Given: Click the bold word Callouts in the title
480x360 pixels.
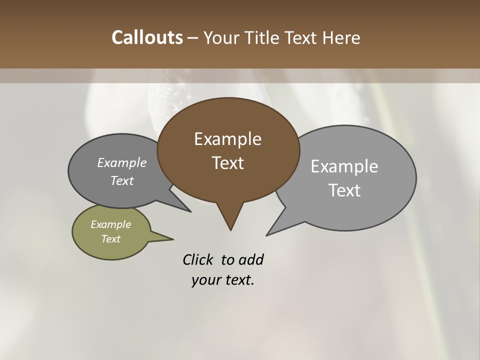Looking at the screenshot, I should pos(147,37).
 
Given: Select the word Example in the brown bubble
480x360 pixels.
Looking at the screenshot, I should pos(227,139).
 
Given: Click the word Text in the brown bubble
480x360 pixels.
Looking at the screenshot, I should pos(227,163).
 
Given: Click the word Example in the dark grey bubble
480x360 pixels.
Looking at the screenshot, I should pos(122,163).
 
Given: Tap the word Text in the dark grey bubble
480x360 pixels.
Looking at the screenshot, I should pos(122,180).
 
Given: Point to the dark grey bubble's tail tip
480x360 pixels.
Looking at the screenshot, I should pos(190,211).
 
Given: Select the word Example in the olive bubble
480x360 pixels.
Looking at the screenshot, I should pos(111,224).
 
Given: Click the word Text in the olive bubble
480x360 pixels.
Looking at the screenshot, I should pos(111,239).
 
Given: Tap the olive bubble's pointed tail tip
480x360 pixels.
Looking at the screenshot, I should pos(173,238).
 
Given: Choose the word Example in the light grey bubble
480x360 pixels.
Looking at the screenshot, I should pos(344,166).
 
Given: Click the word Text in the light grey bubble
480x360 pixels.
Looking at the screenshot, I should pos(344,190).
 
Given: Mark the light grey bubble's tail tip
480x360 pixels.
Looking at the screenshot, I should pos(266,235).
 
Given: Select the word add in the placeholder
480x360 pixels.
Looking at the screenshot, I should pos(251,259).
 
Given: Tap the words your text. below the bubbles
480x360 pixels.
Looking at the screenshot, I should pos(223,279).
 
